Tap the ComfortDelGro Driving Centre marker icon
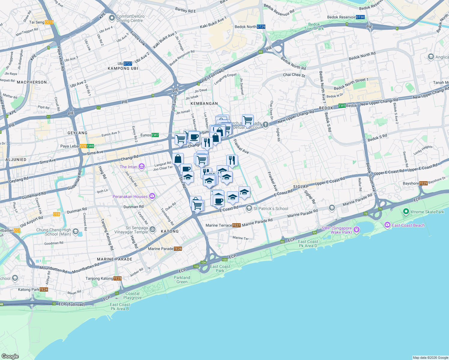pos(112,18)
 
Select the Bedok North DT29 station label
pos(250,27)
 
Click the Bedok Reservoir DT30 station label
pos(345,17)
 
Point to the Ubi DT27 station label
pos(125,64)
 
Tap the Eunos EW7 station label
pos(149,135)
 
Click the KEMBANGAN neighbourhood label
pos(204,103)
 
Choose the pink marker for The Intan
pos(142,166)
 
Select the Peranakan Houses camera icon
pos(152,196)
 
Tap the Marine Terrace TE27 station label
pos(223,225)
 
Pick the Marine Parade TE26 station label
pos(165,249)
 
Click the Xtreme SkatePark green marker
pos(406,211)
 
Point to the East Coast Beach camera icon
pos(387,225)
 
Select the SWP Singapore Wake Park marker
pos(356,230)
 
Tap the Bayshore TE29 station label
pos(415,183)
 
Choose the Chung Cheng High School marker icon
pos(76,231)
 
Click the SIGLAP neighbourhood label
pos(301,187)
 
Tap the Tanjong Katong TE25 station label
pos(103,278)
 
